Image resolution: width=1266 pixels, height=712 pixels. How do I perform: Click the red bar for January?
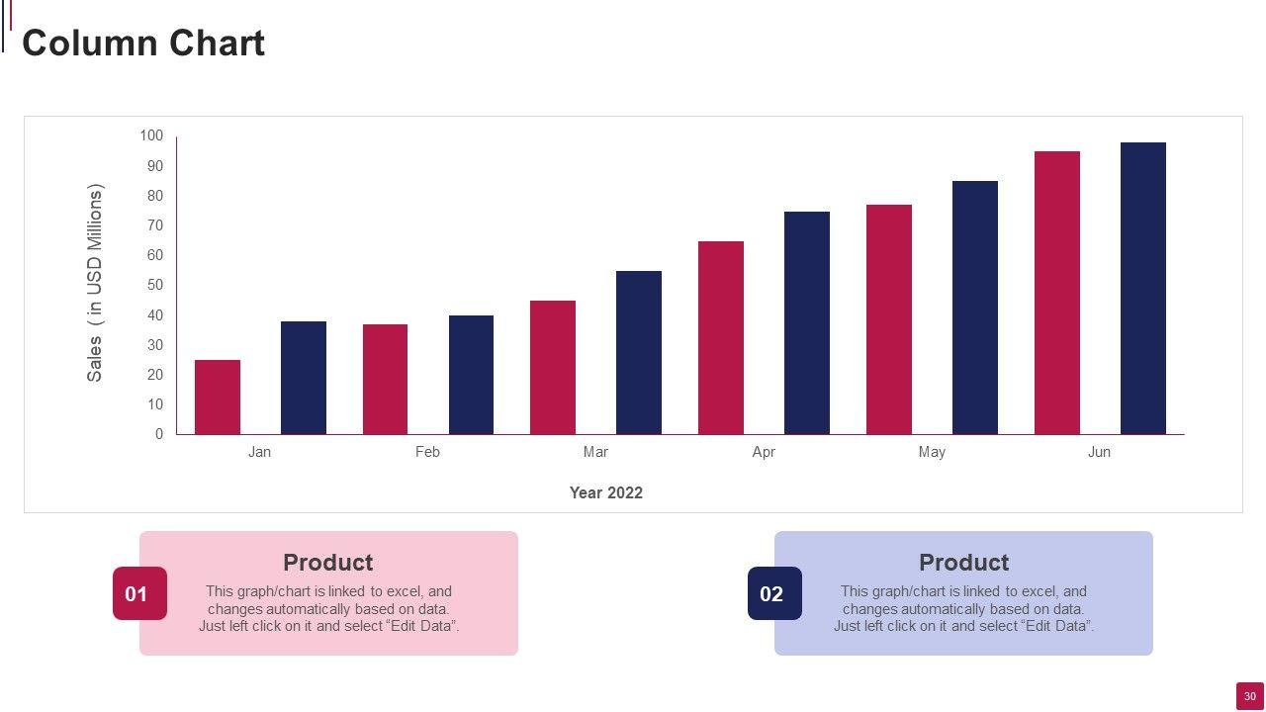click(x=218, y=398)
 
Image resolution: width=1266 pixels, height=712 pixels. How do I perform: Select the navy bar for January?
click(x=304, y=378)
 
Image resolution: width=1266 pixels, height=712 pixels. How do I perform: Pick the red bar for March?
click(x=553, y=368)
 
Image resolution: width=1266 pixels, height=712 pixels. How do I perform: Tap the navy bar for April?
click(x=807, y=323)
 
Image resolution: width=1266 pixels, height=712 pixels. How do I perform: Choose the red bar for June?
click(x=1057, y=293)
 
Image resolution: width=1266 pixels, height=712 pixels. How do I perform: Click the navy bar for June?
click(x=1143, y=289)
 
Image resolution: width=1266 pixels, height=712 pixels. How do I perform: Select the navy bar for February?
click(x=471, y=375)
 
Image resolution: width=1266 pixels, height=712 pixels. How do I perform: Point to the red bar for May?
click(x=889, y=319)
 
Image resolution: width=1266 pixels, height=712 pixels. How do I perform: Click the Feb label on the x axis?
click(x=427, y=452)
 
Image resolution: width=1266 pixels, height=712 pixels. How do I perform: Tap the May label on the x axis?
click(x=932, y=452)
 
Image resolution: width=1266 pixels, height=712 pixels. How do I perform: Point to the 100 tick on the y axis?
click(x=151, y=135)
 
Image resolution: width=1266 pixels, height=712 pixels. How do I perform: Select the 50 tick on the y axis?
click(x=155, y=285)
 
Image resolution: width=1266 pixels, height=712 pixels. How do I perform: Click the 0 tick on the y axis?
click(x=159, y=434)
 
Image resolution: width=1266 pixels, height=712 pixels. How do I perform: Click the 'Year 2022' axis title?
click(x=605, y=492)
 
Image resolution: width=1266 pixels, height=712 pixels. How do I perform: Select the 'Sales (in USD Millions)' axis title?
click(x=95, y=283)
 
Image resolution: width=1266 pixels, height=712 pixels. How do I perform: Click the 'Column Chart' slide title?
click(x=143, y=44)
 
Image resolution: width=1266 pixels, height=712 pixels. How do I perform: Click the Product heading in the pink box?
click(x=327, y=563)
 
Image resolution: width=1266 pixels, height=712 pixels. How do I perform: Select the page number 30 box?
click(x=1250, y=696)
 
